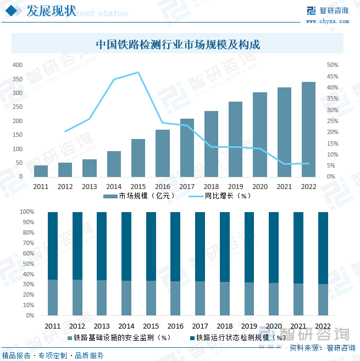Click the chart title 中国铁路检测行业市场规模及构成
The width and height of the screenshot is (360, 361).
point(178,45)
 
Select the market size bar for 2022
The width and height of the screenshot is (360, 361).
point(308,129)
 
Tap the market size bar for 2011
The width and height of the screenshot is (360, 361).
point(41,171)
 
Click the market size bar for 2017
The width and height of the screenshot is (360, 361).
point(187,148)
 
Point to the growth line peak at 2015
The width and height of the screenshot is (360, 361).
point(138,73)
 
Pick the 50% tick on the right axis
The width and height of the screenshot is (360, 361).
point(332,65)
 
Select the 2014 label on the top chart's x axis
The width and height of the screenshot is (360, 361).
point(114,187)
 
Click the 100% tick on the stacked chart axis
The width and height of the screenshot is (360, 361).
point(27,212)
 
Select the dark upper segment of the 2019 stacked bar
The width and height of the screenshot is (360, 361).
point(249,247)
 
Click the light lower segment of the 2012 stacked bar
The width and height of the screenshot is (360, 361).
point(77,298)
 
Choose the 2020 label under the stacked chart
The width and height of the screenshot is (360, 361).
point(274,326)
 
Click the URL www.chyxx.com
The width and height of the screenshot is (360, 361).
point(326,21)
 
